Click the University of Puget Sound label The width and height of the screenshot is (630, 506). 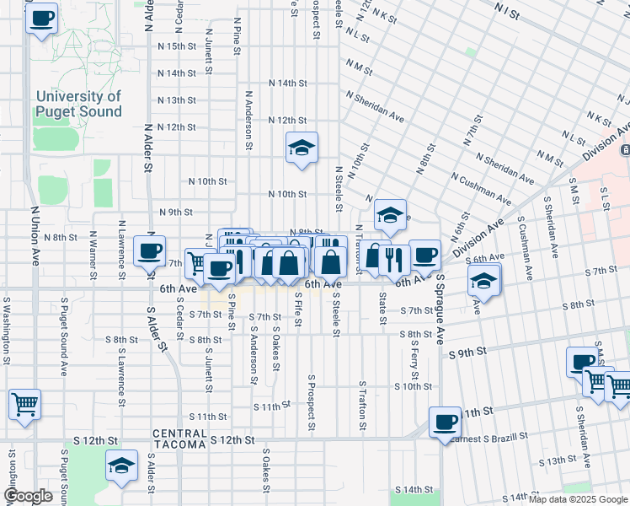pos(78,104)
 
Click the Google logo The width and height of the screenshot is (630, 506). pos(28,496)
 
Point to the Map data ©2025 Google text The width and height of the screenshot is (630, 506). pos(577,499)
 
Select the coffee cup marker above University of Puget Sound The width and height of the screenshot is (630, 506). pos(41,18)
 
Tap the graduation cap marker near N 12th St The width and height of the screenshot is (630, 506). pos(302,149)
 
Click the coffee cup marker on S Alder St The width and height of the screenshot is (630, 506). pos(150,251)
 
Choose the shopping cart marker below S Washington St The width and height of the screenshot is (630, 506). pos(24,404)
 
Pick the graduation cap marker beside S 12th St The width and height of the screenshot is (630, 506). pos(121,466)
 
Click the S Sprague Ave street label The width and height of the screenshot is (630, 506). pos(440,319)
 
